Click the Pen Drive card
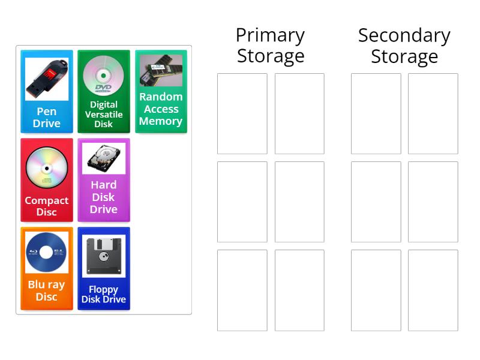[x=47, y=91]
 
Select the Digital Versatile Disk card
[x=103, y=91]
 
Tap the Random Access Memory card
[x=161, y=91]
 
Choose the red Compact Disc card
[x=47, y=180]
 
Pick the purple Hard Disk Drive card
[x=103, y=180]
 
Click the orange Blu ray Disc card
[x=47, y=268]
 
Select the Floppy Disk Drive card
[x=103, y=268]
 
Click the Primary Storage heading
[x=270, y=46]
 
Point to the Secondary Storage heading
[x=404, y=46]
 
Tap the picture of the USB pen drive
[x=47, y=79]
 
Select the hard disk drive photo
[x=103, y=158]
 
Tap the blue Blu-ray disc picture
[x=47, y=253]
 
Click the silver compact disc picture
[x=47, y=167]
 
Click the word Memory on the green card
[x=161, y=121]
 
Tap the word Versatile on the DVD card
[x=103, y=115]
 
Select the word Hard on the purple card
[x=103, y=185]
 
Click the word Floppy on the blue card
[x=103, y=289]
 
